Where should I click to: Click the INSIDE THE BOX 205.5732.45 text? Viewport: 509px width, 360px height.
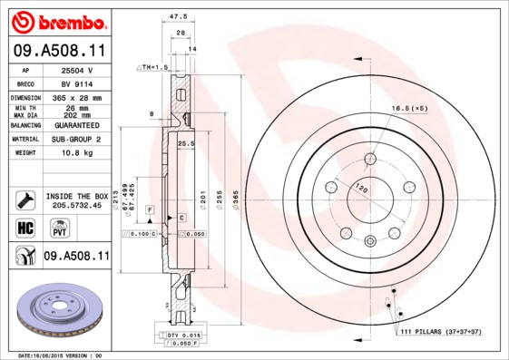(77, 200)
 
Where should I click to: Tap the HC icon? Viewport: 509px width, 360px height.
(24, 227)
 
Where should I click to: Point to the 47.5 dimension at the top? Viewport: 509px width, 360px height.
(179, 15)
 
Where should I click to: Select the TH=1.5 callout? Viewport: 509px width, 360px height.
(154, 67)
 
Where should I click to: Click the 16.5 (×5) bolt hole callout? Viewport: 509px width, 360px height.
(409, 109)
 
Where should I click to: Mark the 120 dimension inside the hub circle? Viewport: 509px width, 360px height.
(361, 190)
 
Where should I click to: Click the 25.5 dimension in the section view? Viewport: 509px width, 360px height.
(185, 144)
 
